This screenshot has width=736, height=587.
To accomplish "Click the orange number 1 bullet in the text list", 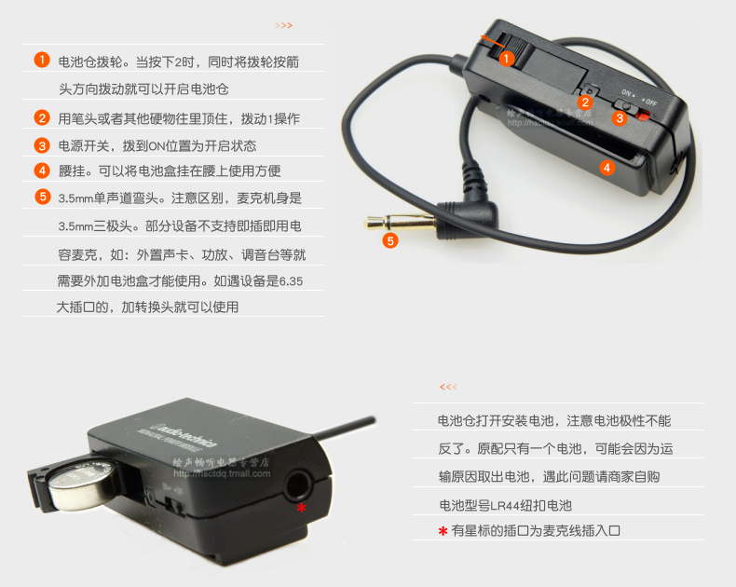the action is click(42, 60).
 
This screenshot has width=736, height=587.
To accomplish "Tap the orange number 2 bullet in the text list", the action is click(42, 117).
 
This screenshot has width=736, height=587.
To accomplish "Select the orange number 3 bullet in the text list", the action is click(42, 145).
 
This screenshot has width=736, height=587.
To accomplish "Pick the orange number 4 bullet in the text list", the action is click(42, 171).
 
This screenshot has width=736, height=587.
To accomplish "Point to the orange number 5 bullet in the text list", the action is click(43, 197).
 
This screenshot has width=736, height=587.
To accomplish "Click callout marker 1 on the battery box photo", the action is click(506, 59).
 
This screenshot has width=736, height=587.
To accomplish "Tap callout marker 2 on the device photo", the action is click(585, 102).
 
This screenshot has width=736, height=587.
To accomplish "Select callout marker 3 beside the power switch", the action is click(620, 118).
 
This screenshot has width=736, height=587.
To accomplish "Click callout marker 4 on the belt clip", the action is click(607, 168).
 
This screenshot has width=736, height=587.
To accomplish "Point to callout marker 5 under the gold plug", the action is click(390, 241).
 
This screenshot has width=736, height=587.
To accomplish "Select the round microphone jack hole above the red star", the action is click(298, 485).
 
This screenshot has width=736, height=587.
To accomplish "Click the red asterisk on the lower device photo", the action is click(301, 508).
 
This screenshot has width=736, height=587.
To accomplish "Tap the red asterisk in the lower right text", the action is click(443, 531).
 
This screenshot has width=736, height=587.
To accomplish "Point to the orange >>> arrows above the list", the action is click(283, 25).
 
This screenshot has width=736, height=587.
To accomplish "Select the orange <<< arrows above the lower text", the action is click(448, 387).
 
